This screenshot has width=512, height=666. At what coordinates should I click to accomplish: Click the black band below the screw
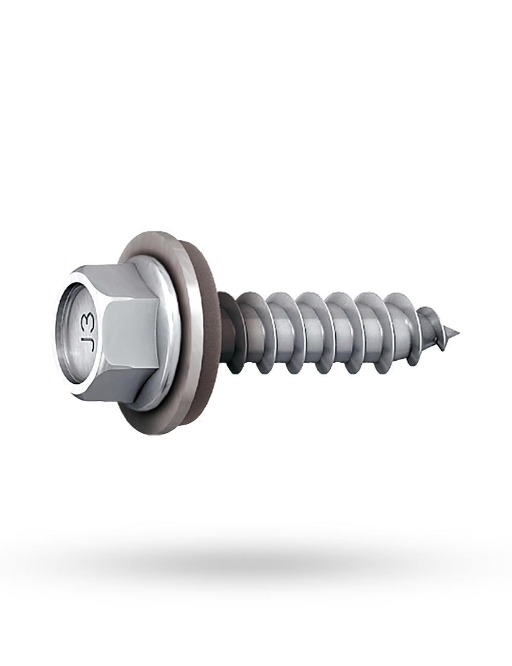(256, 564)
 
